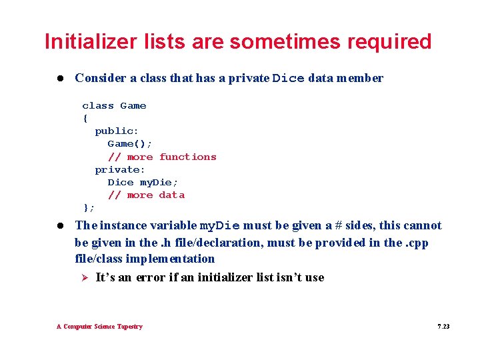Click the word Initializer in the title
(x=83, y=41)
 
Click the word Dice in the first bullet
(x=289, y=79)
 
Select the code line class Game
(x=114, y=105)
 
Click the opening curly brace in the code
(x=85, y=118)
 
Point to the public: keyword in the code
(x=117, y=131)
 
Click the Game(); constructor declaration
(x=130, y=144)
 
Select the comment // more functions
(x=162, y=157)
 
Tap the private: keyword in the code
(x=120, y=169)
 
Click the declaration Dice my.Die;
(x=143, y=182)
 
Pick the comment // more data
(x=146, y=195)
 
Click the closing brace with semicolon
(x=88, y=207)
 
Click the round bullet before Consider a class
(x=60, y=78)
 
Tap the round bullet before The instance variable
(x=60, y=226)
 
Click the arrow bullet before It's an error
(x=84, y=277)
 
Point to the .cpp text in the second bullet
(x=417, y=243)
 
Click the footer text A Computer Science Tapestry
(x=99, y=327)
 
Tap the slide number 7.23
(x=443, y=327)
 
